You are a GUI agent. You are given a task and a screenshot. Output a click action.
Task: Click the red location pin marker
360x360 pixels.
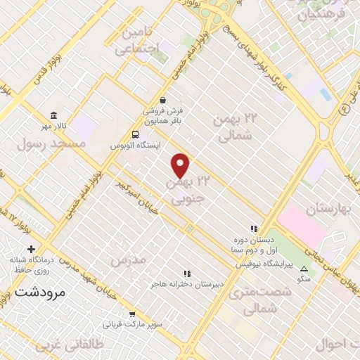coord(181,166)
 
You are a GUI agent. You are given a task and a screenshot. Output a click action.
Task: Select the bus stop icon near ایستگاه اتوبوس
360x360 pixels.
coord(135,134)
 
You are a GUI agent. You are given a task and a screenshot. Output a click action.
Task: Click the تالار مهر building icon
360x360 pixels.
coord(53,115)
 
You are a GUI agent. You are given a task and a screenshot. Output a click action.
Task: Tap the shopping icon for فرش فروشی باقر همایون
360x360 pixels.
coord(163,100)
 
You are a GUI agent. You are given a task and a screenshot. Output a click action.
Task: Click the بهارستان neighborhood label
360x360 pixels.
coord(329,209)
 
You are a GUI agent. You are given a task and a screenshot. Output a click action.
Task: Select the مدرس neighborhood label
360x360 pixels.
coord(127,260)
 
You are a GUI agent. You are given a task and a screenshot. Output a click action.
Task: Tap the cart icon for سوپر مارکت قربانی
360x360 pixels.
coord(132,314)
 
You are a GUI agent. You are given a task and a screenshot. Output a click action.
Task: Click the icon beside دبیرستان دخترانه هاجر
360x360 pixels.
coord(186,273)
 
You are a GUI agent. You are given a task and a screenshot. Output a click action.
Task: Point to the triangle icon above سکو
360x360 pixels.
coord(304,269)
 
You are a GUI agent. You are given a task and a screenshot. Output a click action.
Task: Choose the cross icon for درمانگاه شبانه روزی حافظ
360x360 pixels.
coord(30,249)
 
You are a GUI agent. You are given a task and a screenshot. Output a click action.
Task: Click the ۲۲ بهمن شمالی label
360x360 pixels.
coord(235,127)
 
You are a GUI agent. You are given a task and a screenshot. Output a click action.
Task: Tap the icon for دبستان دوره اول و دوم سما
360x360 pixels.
coord(254,228)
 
